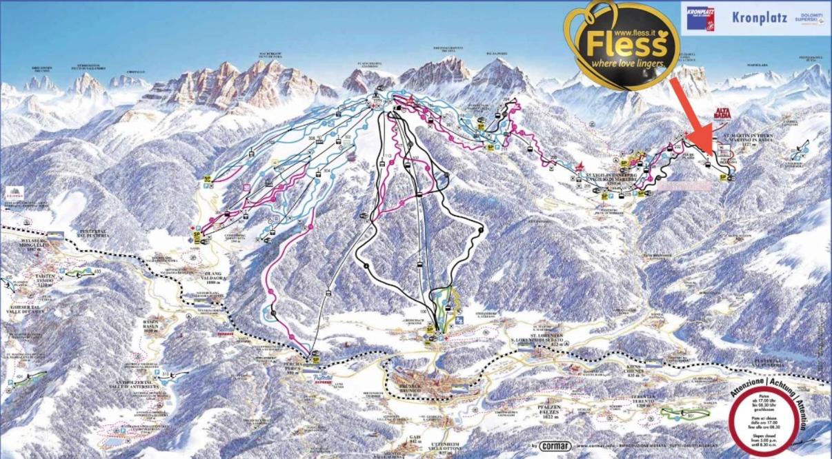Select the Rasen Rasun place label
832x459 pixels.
click(152, 325)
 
